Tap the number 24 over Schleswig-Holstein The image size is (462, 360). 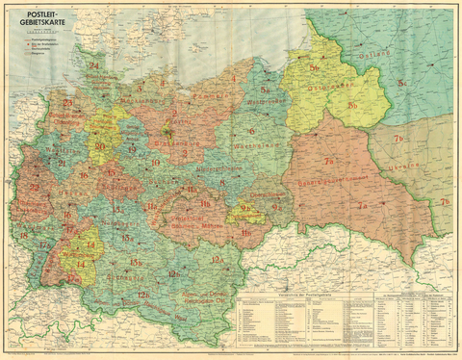(93, 66)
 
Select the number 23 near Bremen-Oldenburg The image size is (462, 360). (67, 103)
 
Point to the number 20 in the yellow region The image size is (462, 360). (100, 146)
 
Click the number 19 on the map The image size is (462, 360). (132, 151)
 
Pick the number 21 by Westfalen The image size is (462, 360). (62, 164)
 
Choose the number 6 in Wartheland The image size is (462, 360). (251, 131)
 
